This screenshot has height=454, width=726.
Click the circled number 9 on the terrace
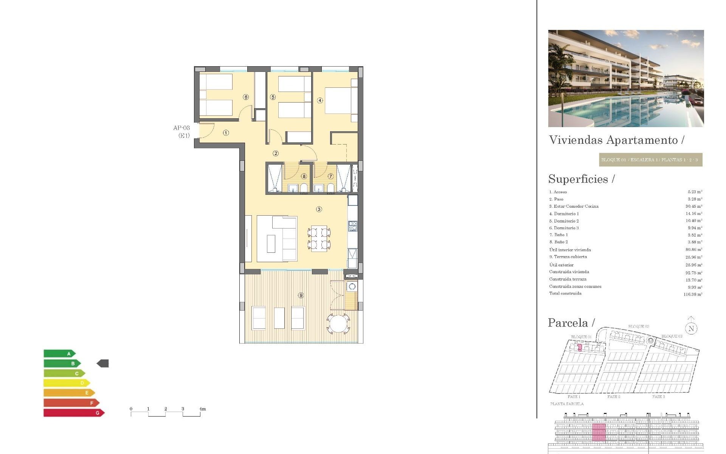(301, 295)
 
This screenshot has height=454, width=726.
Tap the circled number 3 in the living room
(319, 209)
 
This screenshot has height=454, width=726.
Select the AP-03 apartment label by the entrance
(181, 128)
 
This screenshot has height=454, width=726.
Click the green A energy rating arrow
(59, 354)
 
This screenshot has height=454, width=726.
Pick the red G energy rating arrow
(74, 413)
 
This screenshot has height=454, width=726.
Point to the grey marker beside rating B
(103, 364)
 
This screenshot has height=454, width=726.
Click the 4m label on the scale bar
(203, 409)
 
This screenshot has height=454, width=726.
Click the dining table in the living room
(319, 238)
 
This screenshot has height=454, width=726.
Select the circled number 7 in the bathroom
(330, 176)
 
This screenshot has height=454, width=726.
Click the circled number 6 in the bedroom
(246, 97)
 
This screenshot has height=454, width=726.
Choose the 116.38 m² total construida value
(693, 294)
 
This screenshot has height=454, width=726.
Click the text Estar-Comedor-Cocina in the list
(576, 207)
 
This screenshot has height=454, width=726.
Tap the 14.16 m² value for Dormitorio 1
(694, 214)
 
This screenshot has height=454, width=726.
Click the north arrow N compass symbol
(691, 328)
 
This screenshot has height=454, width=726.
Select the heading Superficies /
(582, 179)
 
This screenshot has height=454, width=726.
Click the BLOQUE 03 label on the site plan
(672, 336)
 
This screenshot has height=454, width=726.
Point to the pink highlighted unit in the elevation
(599, 432)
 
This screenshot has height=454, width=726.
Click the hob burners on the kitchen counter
(352, 226)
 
